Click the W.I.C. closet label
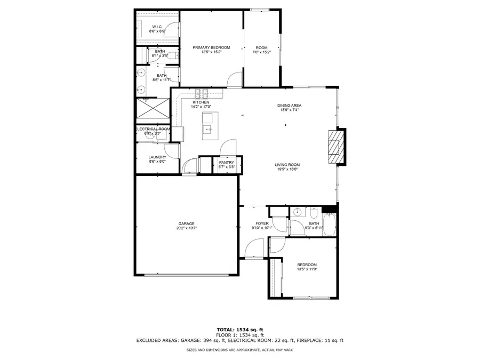coord(158,27)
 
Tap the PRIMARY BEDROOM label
coord(211,47)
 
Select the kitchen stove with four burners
coord(201,93)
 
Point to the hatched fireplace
coord(334,145)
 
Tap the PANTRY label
coord(227,162)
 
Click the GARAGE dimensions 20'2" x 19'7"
coord(186,228)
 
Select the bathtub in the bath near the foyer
coord(330,224)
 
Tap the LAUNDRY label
coord(157,157)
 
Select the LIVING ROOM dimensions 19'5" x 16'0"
coord(287,170)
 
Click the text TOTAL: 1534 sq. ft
coord(239,330)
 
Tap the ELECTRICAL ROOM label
coord(153,129)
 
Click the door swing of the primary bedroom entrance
coord(235,80)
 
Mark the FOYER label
coord(262,223)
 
